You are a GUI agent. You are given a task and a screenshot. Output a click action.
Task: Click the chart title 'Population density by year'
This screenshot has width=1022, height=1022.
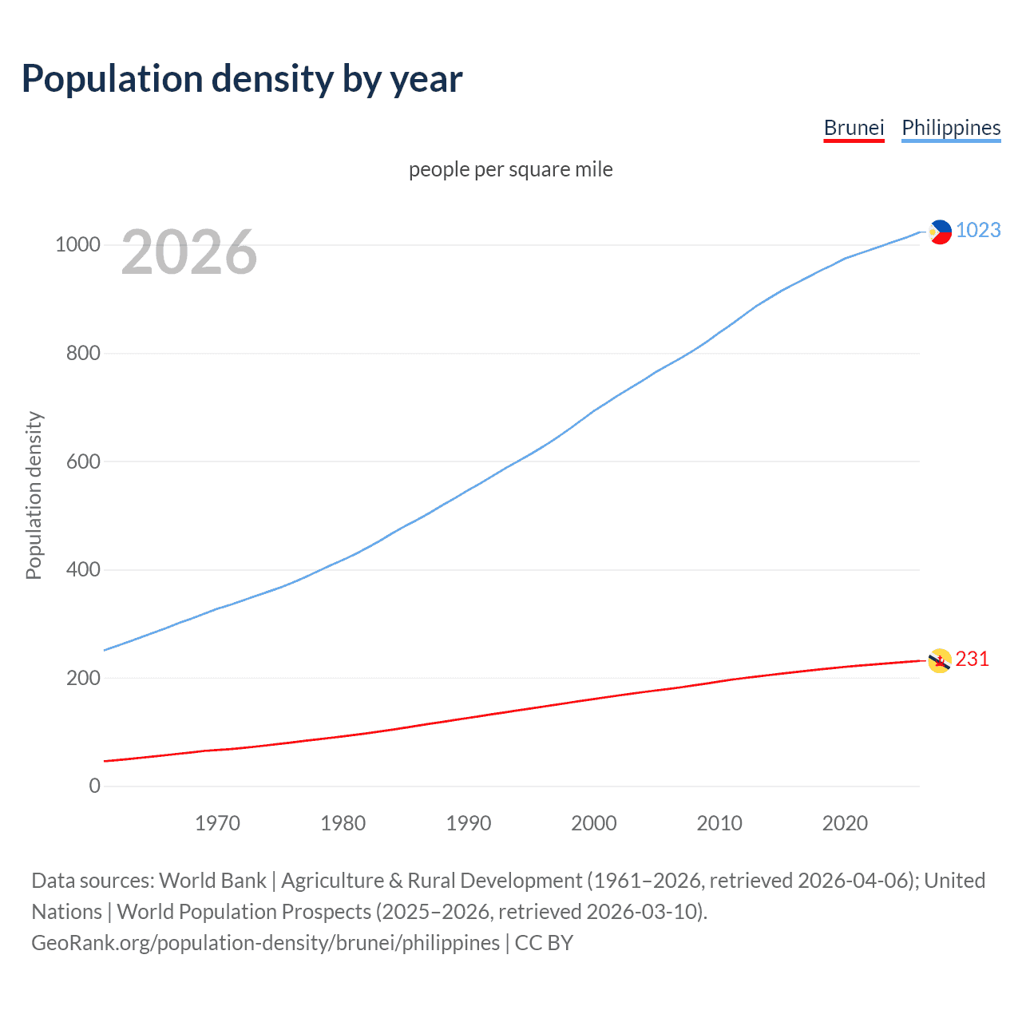pyautogui.click(x=242, y=79)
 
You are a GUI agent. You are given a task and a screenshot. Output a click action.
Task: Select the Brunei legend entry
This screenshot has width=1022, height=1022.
pyautogui.click(x=854, y=128)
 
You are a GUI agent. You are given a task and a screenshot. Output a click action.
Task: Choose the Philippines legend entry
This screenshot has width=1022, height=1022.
pyautogui.click(x=950, y=128)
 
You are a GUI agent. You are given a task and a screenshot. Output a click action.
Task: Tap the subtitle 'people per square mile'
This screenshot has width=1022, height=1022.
pyautogui.click(x=510, y=169)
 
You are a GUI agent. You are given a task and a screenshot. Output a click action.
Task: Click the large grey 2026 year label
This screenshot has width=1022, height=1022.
pyautogui.click(x=189, y=252)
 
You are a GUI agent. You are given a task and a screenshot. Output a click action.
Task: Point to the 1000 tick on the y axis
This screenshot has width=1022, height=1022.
pyautogui.click(x=77, y=245)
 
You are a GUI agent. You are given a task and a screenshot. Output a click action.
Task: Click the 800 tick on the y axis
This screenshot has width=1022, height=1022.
pyautogui.click(x=83, y=353)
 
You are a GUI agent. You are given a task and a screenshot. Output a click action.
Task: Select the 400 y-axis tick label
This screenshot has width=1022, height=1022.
pyautogui.click(x=83, y=569)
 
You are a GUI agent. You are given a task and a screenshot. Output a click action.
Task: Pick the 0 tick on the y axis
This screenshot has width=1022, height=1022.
pyautogui.click(x=95, y=786)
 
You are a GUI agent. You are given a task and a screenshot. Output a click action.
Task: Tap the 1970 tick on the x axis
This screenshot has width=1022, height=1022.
pyautogui.click(x=217, y=823)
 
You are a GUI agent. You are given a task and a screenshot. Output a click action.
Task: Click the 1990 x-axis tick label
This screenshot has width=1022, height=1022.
pyautogui.click(x=469, y=823)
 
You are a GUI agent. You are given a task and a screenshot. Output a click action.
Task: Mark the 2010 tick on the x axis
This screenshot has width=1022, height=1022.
pyautogui.click(x=719, y=823)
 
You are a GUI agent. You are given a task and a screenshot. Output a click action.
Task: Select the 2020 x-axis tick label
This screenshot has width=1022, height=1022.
pyautogui.click(x=845, y=823)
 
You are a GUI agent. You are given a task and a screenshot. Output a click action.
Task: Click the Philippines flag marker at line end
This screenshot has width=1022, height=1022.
pyautogui.click(x=940, y=232)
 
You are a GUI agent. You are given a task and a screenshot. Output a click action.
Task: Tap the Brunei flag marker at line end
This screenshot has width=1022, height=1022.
pyautogui.click(x=940, y=660)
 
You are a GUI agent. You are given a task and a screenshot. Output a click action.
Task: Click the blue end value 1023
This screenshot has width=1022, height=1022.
pyautogui.click(x=978, y=230)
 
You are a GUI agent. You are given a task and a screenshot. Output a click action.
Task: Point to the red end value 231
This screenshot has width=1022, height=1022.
pyautogui.click(x=972, y=659)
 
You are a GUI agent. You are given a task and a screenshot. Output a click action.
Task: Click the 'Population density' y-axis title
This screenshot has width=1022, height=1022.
pyautogui.click(x=34, y=495)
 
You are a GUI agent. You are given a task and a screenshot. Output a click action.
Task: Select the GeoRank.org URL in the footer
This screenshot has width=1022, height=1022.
pyautogui.click(x=265, y=943)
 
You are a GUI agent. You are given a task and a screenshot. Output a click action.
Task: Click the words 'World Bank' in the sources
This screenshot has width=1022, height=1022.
pyautogui.click(x=212, y=881)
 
